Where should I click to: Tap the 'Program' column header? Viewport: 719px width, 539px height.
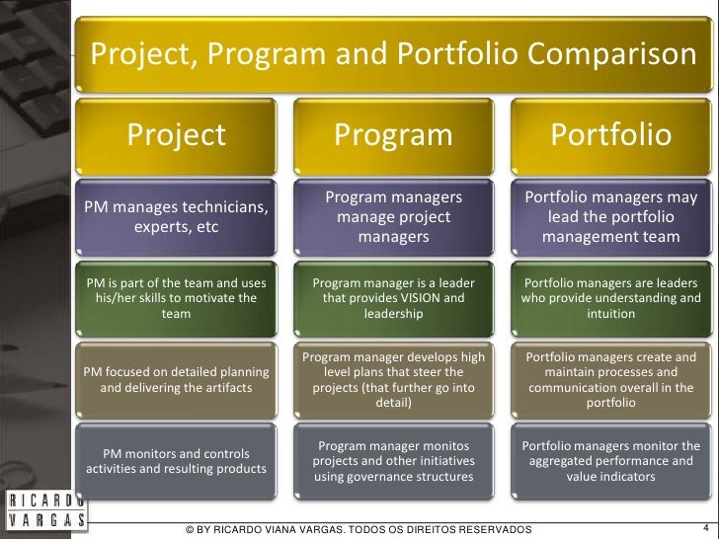393,134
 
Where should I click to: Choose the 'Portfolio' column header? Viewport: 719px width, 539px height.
610,134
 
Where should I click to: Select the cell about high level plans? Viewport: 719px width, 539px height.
393,380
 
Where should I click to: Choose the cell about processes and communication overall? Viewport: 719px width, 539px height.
610,380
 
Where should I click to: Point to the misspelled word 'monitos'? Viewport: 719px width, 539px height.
442,445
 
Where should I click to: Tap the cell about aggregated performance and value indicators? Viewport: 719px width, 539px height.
610,461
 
